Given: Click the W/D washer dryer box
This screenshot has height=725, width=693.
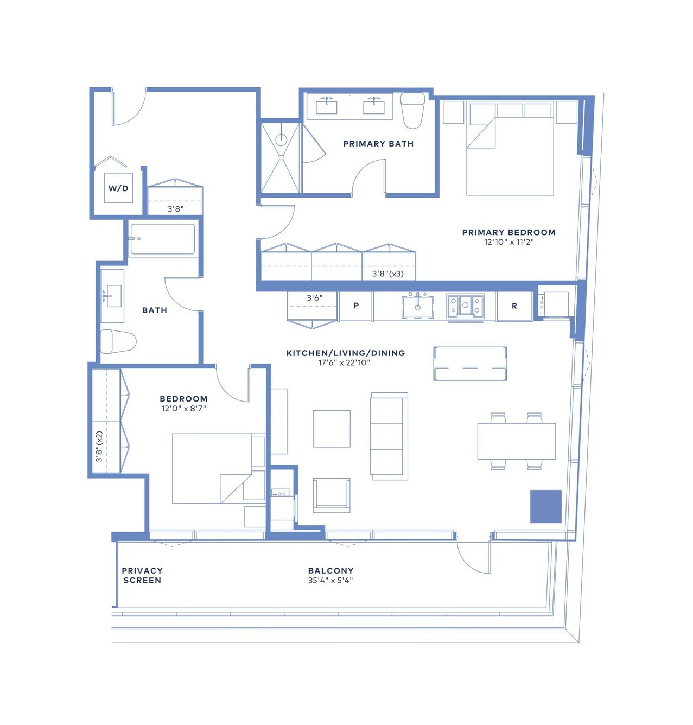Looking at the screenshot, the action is click(118, 188).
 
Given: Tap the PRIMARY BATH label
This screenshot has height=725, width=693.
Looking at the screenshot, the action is click(378, 144).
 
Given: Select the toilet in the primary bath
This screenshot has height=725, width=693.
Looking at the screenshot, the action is click(412, 110).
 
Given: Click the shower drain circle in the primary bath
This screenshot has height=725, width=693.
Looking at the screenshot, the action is click(281, 140).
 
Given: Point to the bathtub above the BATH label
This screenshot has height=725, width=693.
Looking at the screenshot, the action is click(162, 239).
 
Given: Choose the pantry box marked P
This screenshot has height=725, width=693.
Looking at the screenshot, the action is click(356, 306).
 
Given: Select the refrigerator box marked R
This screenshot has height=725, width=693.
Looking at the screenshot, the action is click(514, 306).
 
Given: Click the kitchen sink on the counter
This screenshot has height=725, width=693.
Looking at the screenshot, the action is click(418, 307).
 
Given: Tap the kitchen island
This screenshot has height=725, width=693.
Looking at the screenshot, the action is click(470, 363).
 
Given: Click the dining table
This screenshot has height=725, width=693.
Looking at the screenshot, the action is click(517, 441).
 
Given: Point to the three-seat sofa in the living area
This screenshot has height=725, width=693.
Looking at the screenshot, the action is click(389, 436).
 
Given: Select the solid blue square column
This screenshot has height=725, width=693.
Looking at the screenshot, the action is click(545, 506).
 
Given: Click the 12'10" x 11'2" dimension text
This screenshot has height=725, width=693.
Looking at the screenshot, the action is click(508, 242).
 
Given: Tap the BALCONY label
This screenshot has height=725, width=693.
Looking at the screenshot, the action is click(331, 570).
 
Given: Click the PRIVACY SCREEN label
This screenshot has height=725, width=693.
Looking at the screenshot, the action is click(142, 575).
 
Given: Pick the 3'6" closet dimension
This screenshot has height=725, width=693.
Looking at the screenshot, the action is click(314, 298).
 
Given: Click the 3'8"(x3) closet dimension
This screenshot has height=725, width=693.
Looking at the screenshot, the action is click(388, 274).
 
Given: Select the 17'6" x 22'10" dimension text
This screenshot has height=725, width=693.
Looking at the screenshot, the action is click(344, 362).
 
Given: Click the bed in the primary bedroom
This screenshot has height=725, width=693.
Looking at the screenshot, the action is click(510, 156).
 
